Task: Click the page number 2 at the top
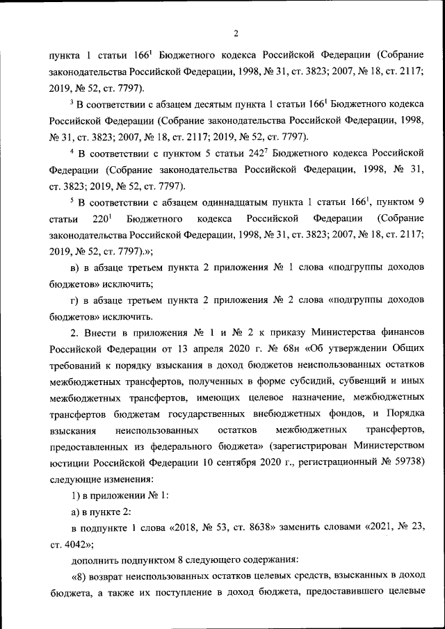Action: pos(236,33)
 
